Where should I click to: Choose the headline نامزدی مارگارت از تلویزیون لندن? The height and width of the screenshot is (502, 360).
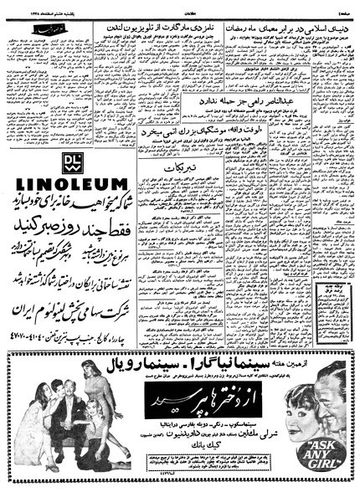(178, 28)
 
